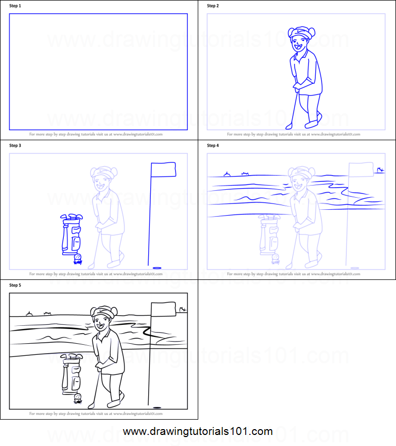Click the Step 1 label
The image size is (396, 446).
[15, 6]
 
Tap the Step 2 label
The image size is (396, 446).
[213, 6]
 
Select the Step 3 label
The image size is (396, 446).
[15, 146]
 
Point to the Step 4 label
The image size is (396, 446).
[213, 146]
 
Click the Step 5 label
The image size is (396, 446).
[15, 285]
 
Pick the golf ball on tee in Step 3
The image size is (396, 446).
[78, 257]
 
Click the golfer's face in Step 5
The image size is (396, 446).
[100, 322]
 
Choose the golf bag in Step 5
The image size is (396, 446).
[72, 374]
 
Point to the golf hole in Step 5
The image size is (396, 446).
[157, 407]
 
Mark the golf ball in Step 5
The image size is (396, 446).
[78, 397]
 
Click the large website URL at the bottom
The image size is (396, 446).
[198, 431]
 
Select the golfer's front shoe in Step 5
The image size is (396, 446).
[114, 403]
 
